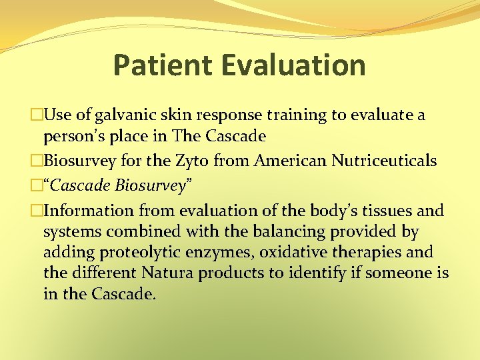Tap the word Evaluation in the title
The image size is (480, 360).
pyautogui.click(x=294, y=65)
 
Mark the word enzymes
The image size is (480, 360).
pyautogui.click(x=221, y=253)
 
